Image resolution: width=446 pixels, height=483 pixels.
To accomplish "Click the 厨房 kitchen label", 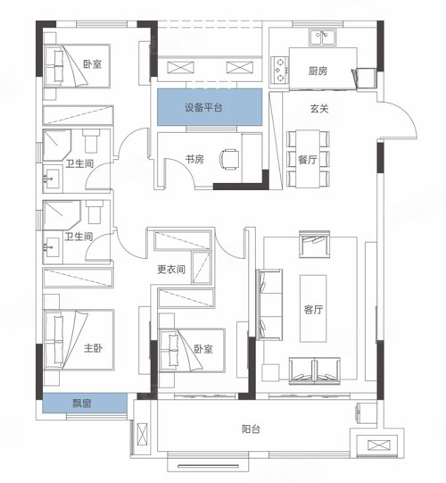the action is (318, 71).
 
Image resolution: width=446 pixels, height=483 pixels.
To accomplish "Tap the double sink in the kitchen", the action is (321, 37).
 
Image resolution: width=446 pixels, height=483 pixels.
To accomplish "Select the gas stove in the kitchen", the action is (280, 70).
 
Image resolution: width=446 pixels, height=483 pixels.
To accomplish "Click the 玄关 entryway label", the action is (319, 108).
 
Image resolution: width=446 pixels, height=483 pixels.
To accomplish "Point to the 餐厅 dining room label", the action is (308, 160).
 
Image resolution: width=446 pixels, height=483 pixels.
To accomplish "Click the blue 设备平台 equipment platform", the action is (210, 107).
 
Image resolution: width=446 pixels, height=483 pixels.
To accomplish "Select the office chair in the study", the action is (229, 159).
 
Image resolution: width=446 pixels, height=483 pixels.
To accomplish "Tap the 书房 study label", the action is (194, 159).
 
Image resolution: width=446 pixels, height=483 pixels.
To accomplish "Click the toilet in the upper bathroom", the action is (92, 141).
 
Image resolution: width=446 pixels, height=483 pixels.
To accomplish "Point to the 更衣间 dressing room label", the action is (171, 270).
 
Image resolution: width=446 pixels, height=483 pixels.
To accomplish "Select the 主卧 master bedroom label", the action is (93, 348).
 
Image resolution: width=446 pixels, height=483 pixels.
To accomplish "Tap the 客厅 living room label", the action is (313, 309).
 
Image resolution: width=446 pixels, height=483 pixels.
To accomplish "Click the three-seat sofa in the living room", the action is (269, 304).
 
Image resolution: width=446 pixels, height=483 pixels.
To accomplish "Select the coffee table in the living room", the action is (313, 308).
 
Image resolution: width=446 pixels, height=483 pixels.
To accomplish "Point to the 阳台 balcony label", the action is (251, 429).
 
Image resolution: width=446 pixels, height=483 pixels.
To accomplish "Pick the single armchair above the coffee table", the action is (315, 244).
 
